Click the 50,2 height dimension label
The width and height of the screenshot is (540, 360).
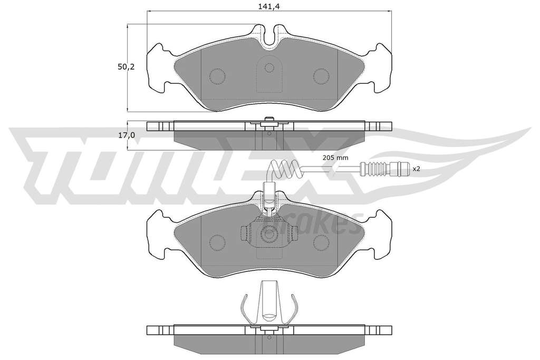pyautogui.click(x=126, y=67)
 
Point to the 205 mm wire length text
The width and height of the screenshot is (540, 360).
pyautogui.click(x=335, y=158)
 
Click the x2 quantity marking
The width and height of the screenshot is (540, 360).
pyautogui.click(x=417, y=169)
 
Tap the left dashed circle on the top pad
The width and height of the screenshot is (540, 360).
pyautogui.click(x=217, y=76)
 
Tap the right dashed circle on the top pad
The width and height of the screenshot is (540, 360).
pyautogui.click(x=321, y=76)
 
